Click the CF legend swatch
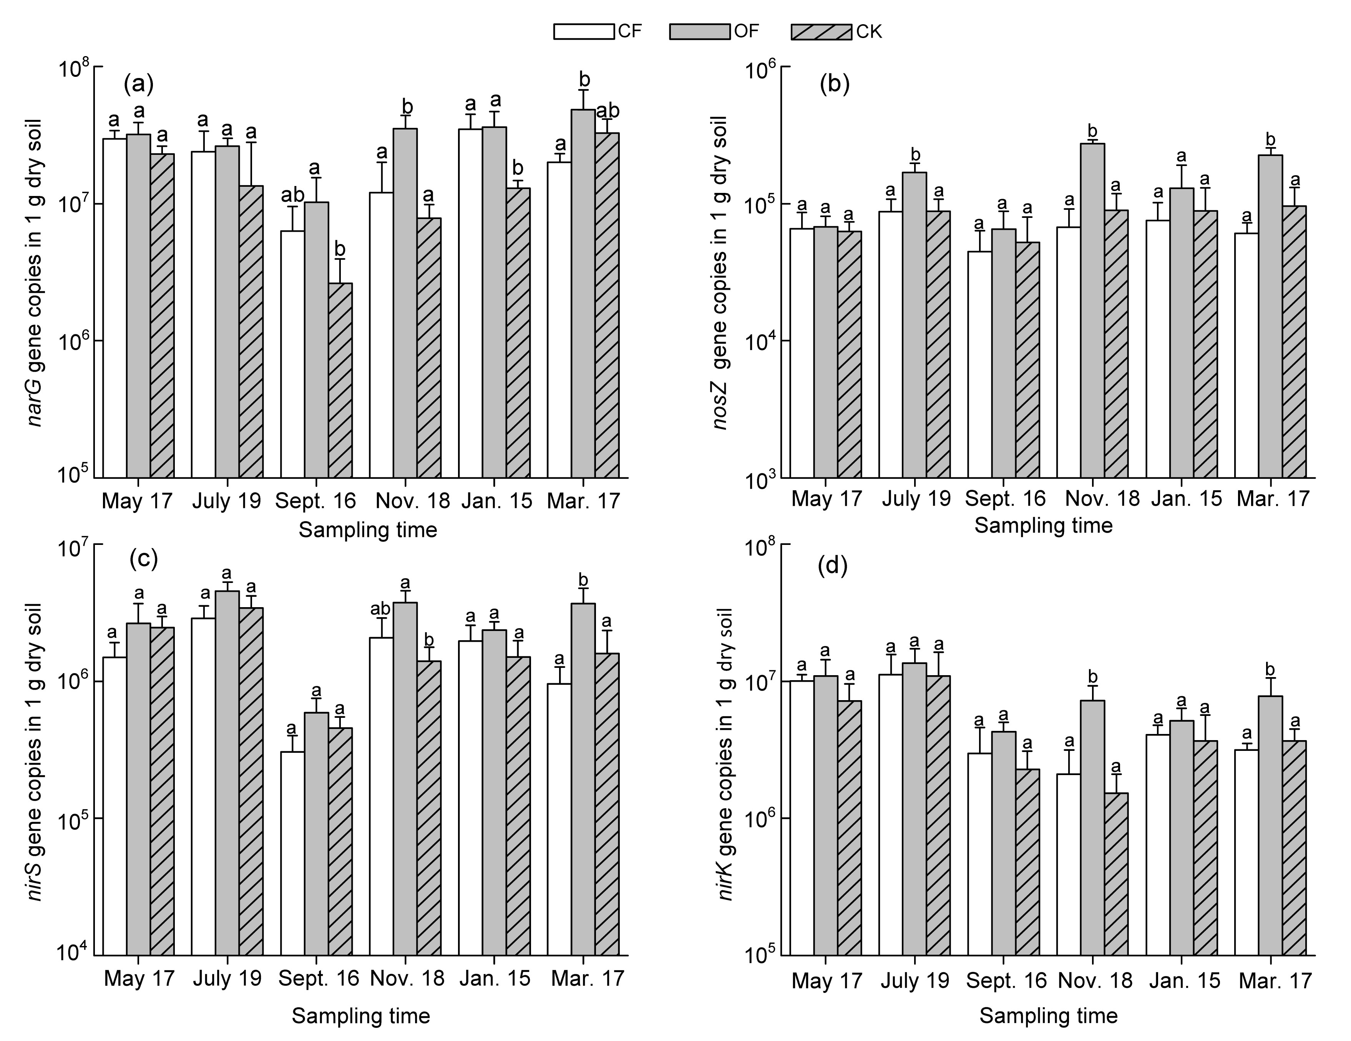point(583,31)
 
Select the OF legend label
point(746,31)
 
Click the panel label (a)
point(139,83)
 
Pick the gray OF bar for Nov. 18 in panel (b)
point(1092,309)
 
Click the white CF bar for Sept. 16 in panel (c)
point(292,853)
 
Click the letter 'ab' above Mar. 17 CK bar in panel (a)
point(607,111)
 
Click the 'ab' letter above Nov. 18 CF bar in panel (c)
point(380,609)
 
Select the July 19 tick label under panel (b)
point(916,498)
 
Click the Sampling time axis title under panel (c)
point(361,1016)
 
